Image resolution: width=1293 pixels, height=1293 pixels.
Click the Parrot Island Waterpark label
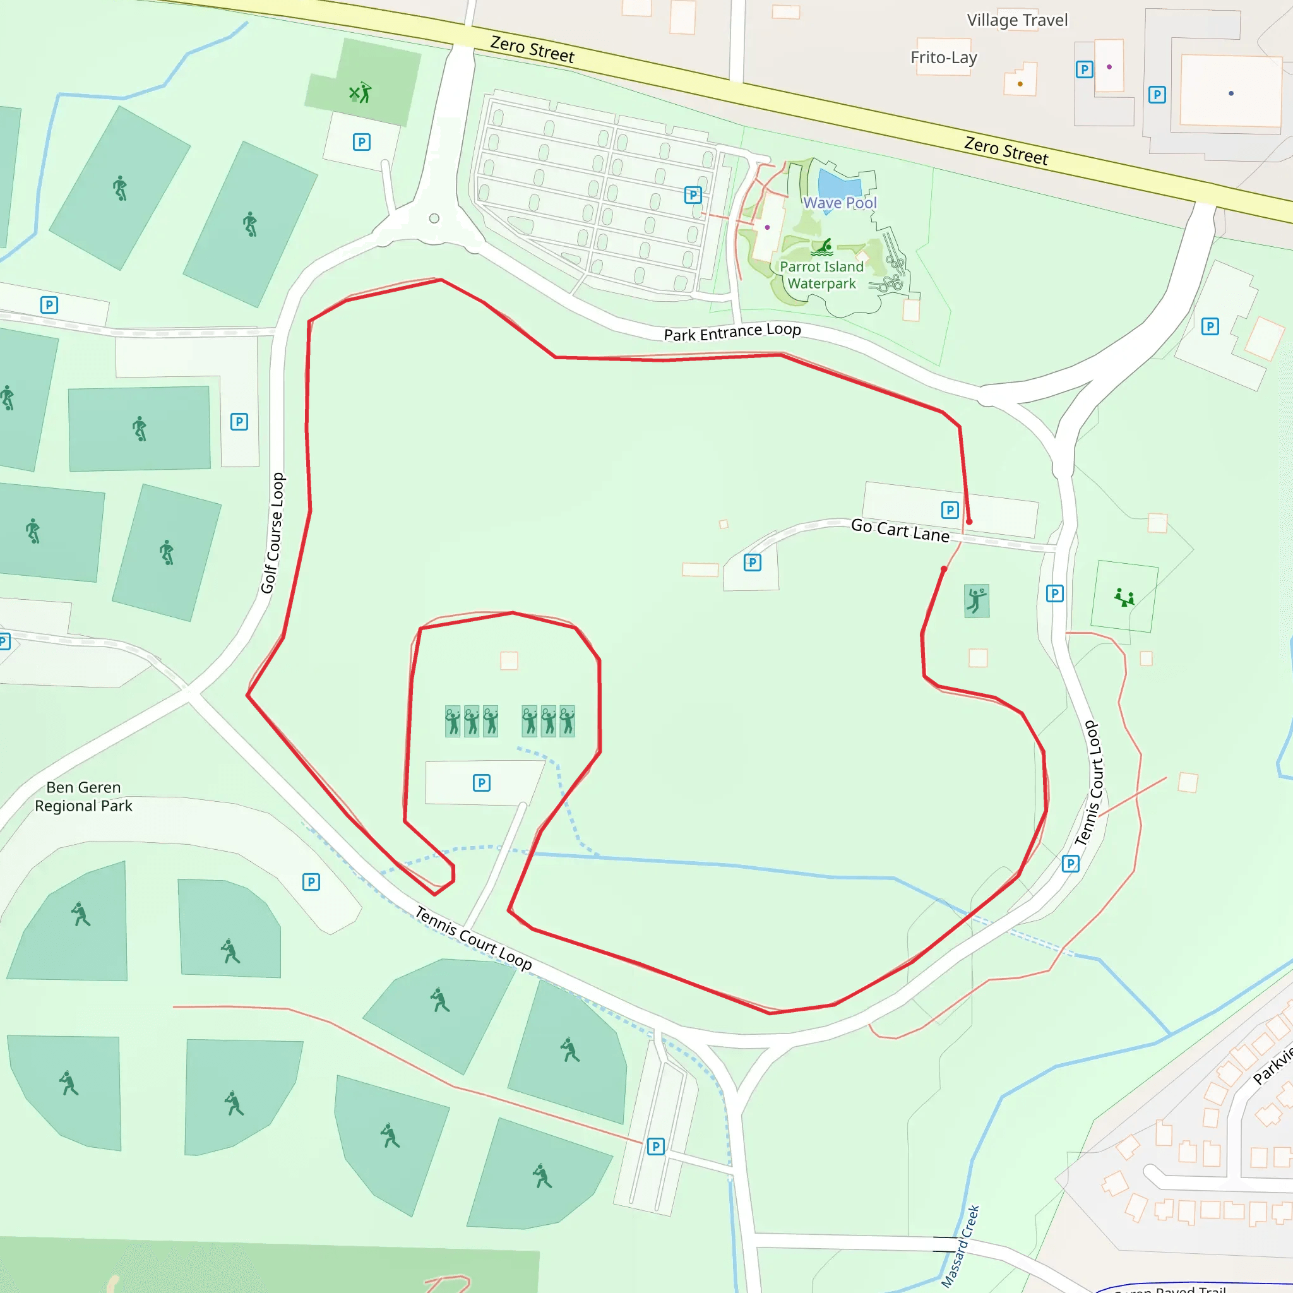pyautogui.click(x=821, y=275)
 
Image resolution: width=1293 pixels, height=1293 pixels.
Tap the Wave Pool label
pyautogui.click(x=839, y=203)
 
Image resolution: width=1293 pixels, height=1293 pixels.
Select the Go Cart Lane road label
pyautogui.click(x=900, y=530)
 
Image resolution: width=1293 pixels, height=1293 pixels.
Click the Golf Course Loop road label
pyautogui.click(x=273, y=533)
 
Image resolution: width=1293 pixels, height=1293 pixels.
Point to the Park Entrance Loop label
pyautogui.click(x=732, y=331)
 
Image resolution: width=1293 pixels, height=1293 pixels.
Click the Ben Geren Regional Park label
pyautogui.click(x=84, y=796)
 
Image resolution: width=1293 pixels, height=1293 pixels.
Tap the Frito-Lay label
pyautogui.click(x=943, y=57)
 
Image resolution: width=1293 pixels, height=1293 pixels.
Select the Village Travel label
pyautogui.click(x=1016, y=20)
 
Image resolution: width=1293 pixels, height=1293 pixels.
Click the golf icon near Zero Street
pyautogui.click(x=360, y=92)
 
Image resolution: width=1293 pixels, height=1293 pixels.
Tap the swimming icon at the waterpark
pyautogui.click(x=823, y=247)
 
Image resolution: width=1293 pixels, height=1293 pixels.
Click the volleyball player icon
pyautogui.click(x=977, y=600)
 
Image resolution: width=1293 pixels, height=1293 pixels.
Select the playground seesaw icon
pyautogui.click(x=1124, y=597)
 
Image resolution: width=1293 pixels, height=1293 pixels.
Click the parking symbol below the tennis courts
pyautogui.click(x=481, y=782)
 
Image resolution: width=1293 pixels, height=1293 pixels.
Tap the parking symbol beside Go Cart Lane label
pyautogui.click(x=950, y=510)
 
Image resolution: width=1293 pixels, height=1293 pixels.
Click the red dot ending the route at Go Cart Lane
pyautogui.click(x=968, y=521)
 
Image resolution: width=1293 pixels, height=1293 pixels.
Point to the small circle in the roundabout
pyautogui.click(x=434, y=218)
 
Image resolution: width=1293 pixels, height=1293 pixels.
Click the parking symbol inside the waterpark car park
pyautogui.click(x=693, y=194)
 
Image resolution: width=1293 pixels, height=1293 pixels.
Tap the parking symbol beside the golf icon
pyautogui.click(x=361, y=142)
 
